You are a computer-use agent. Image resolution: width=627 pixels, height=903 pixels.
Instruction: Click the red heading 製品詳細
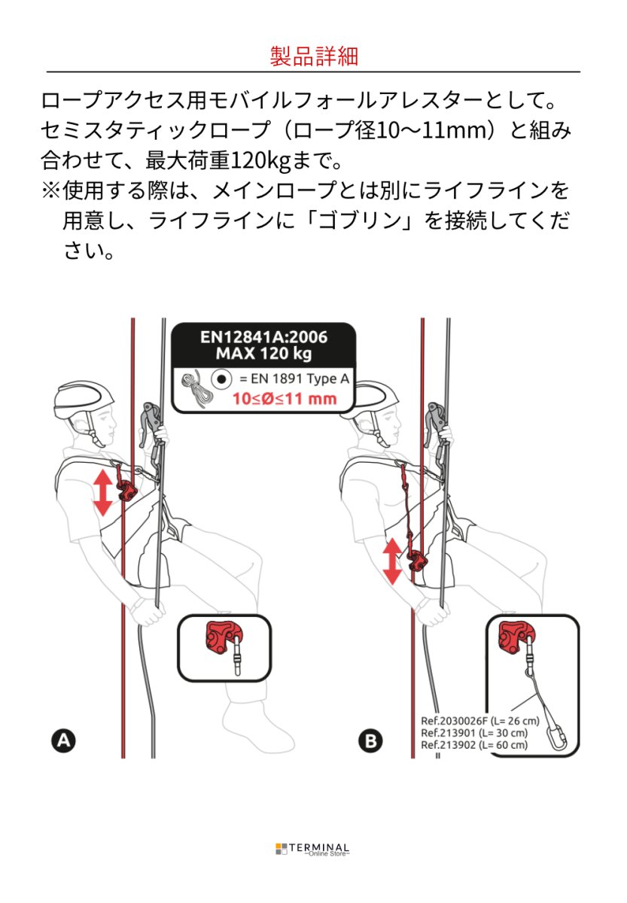coord(313,56)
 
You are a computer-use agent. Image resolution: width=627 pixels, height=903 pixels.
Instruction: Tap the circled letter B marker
coord(370,741)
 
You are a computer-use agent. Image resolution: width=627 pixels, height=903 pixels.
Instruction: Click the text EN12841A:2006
coord(263,336)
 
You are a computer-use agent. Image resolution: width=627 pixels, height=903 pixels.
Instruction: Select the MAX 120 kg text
coord(263,354)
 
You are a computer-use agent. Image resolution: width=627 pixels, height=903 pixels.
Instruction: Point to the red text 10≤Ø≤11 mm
coord(285,399)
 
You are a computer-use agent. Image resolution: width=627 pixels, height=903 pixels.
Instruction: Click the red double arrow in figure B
coord(392,561)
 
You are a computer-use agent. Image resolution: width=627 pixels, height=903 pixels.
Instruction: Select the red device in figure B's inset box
coord(516,638)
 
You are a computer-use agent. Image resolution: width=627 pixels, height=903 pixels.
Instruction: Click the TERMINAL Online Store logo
coord(313,849)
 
